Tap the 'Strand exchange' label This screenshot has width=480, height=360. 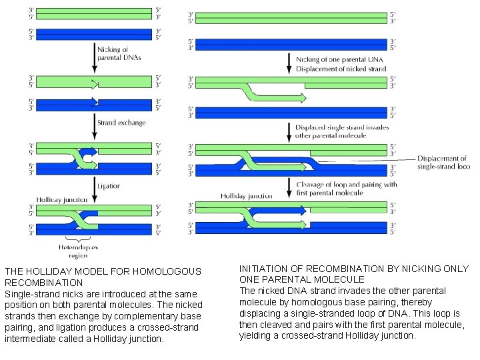tap(121, 123)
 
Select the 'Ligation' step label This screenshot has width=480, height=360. tap(108, 186)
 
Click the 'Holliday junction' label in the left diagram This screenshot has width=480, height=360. tap(62, 199)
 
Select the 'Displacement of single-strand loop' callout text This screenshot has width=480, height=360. tap(443, 162)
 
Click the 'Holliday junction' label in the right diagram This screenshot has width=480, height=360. tap(246, 196)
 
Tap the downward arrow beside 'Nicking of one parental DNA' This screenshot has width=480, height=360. tap(289, 63)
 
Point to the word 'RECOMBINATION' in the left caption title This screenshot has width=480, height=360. tap(44, 283)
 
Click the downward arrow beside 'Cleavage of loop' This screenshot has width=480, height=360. tap(289, 189)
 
